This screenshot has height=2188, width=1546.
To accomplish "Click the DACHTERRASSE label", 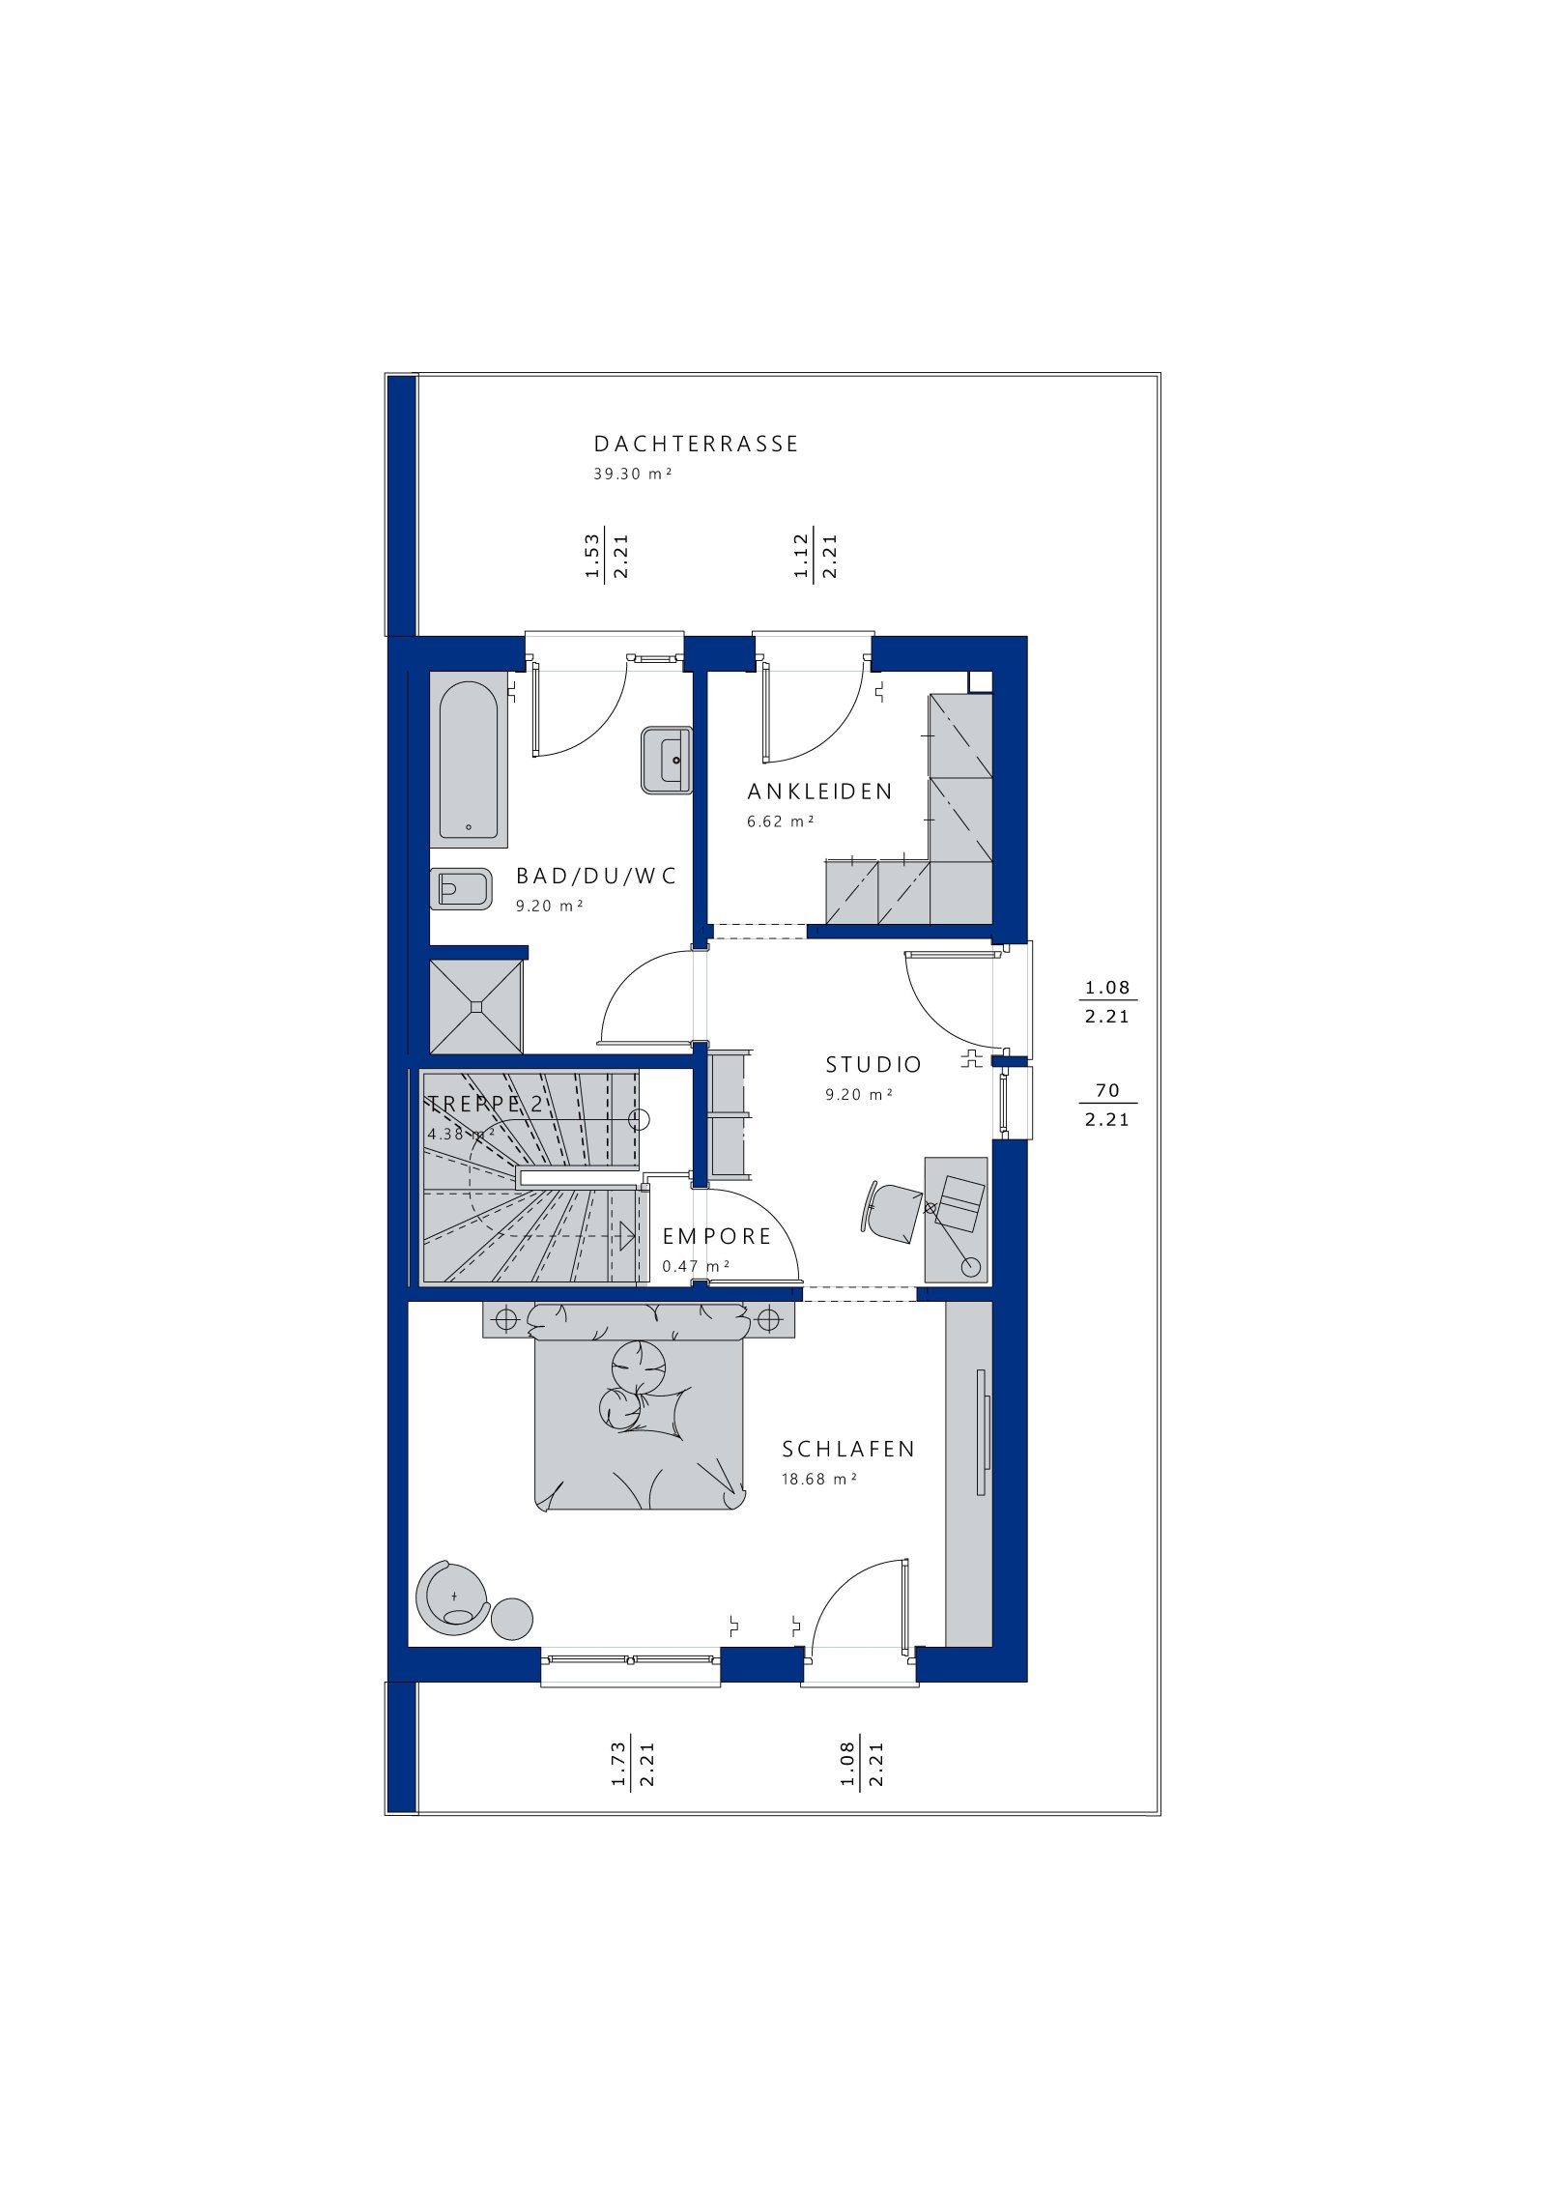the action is tap(696, 445).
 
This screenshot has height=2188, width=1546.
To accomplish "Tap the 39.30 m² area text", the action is tap(632, 474).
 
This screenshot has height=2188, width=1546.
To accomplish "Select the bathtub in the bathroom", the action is tap(469, 761).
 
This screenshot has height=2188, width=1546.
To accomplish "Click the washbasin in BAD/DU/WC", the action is tap(667, 760).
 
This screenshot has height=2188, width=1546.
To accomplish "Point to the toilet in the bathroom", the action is tap(461, 888).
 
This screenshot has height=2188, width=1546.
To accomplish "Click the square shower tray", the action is tap(475, 1007).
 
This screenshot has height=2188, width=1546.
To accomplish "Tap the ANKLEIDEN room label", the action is tap(820, 792).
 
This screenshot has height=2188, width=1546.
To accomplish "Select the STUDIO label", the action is tap(873, 1065).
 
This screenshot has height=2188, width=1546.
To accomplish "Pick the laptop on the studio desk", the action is tap(960, 1203).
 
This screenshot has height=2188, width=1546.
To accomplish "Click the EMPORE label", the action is tap(717, 1237).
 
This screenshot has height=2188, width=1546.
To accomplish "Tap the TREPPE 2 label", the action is tap(486, 1104).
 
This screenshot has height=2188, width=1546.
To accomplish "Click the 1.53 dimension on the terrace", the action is tap(592, 556).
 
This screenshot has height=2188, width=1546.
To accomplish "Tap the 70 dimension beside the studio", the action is tap(1107, 1090).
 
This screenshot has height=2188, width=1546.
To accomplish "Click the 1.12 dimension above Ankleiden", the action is tap(801, 556).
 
